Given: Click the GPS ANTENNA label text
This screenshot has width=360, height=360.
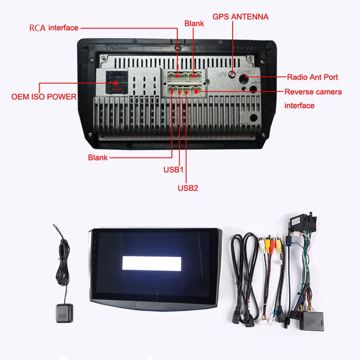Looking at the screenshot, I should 240,17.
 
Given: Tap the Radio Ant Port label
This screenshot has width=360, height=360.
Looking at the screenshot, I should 312,77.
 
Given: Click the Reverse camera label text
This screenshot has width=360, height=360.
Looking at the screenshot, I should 313,92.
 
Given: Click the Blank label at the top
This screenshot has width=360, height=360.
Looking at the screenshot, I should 194,22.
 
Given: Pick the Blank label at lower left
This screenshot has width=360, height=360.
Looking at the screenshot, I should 98,157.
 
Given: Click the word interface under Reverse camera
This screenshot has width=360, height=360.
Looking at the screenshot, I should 299,106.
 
